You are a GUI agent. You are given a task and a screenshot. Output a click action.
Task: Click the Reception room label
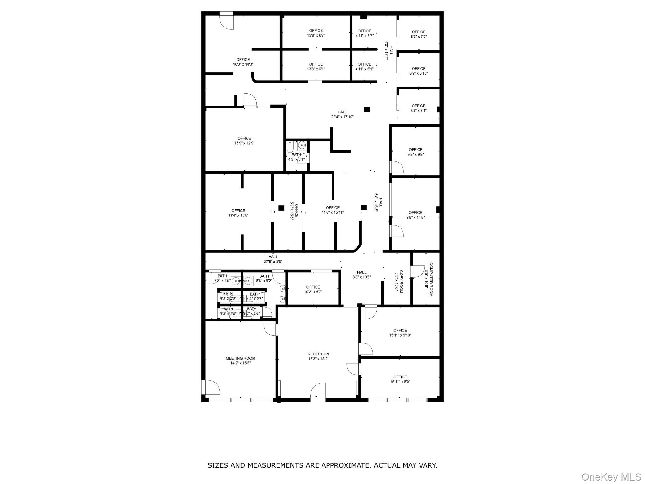tap(318, 354)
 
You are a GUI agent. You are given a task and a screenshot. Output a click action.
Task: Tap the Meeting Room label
tap(240, 358)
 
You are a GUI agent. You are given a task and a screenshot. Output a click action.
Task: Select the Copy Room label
tap(401, 281)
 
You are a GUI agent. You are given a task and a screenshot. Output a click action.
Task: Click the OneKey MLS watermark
tap(611, 477)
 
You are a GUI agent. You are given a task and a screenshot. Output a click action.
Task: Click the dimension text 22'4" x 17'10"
tap(342, 117)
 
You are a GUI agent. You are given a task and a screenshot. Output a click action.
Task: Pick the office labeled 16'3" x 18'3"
tap(243, 62)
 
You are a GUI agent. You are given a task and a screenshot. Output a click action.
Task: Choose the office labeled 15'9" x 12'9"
tap(244, 141)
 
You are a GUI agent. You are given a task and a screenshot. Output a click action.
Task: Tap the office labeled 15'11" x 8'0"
tap(400, 379)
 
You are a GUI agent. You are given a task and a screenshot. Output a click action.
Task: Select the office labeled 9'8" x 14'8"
tap(415, 215)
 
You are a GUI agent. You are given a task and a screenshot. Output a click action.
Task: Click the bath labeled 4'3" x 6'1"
tap(296, 157)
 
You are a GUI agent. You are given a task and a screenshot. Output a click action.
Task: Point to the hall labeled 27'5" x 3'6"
tap(273, 259)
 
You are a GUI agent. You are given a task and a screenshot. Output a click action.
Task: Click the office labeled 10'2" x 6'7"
tap(313, 289)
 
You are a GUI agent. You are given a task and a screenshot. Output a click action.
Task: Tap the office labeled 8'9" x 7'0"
tap(419, 34)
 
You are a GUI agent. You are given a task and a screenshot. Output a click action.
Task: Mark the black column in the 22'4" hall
tap(367, 110)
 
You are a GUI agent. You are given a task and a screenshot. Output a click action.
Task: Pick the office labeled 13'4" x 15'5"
tap(238, 213)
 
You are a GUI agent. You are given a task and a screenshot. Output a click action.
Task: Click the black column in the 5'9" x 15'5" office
tap(281, 208)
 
